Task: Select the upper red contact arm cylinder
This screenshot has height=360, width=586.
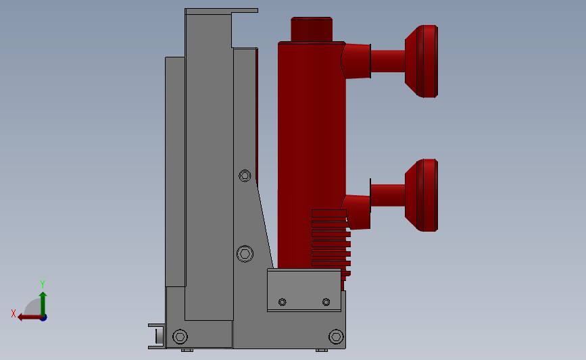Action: (387, 61)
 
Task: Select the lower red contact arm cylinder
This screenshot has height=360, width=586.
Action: (387, 195)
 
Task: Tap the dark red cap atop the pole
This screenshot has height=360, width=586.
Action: (312, 29)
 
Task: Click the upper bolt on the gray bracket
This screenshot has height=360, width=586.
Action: (245, 176)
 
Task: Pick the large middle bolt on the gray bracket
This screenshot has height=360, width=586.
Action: (245, 254)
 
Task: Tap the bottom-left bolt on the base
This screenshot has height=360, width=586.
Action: (180, 336)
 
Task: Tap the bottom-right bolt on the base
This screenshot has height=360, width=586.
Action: (336, 336)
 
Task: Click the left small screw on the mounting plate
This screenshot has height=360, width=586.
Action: (283, 301)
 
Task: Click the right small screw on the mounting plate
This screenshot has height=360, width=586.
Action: (326, 301)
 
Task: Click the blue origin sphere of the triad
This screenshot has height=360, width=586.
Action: (43, 317)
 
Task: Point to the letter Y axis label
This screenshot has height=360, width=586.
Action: (42, 284)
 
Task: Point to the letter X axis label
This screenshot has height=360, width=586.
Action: (14, 313)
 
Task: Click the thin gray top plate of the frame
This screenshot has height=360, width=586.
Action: (221, 11)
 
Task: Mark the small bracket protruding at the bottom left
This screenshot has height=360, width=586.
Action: (157, 336)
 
